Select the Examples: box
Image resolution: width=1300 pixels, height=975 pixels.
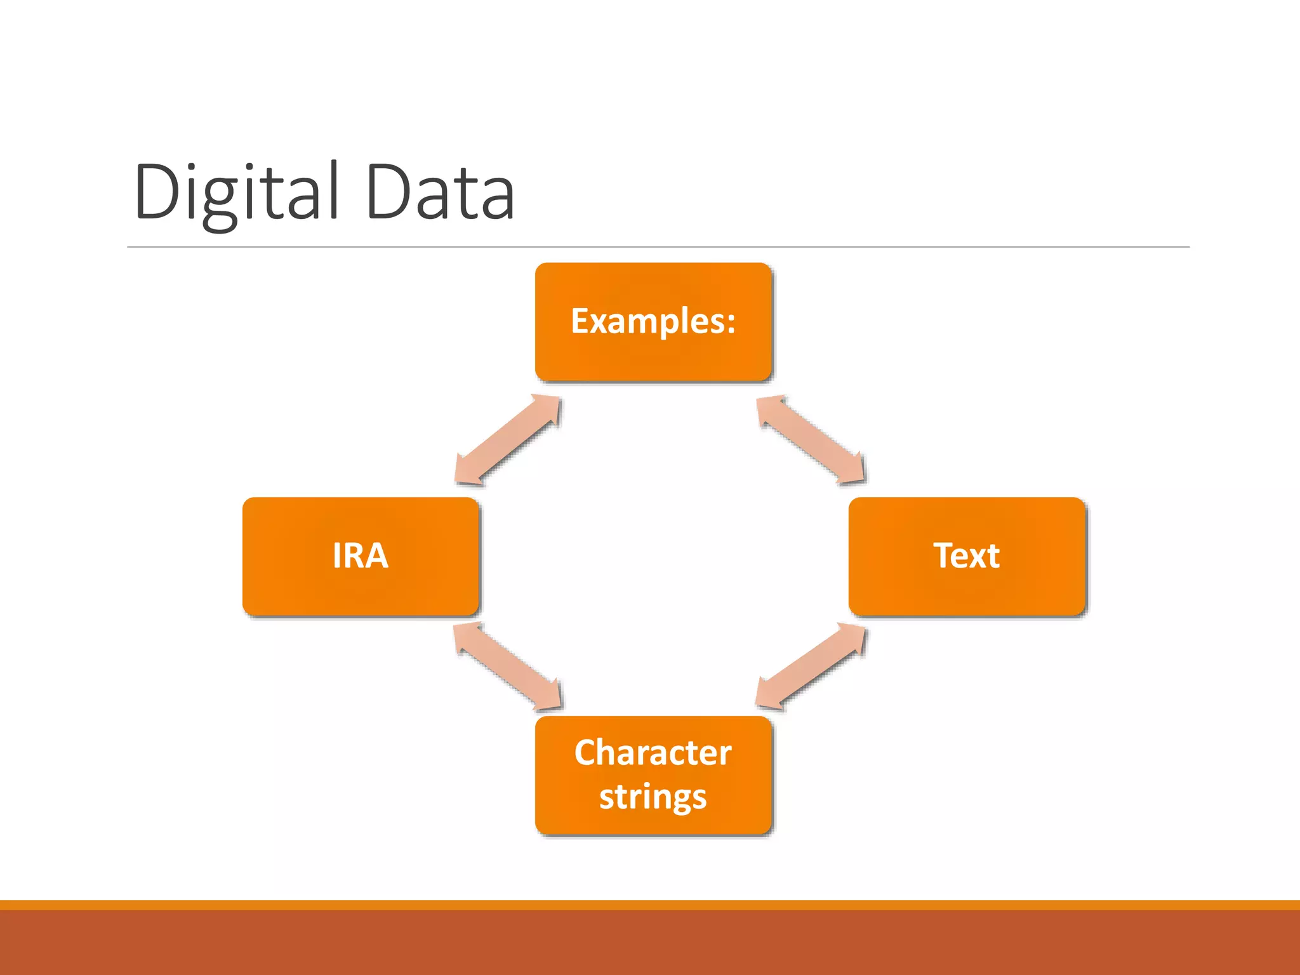pyautogui.click(x=653, y=322)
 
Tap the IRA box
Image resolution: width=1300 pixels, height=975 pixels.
pyautogui.click(x=361, y=556)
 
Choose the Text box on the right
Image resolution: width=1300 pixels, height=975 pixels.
pyautogui.click(x=966, y=556)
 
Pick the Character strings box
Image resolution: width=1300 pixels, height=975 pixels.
pyautogui.click(x=653, y=775)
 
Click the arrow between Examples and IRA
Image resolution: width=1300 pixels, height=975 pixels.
pyautogui.click(x=508, y=440)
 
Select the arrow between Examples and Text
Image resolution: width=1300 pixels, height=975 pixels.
pyautogui.click(x=811, y=440)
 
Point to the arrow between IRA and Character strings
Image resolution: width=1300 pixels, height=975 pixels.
pyautogui.click(x=508, y=667)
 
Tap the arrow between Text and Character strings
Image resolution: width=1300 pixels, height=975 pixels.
pyautogui.click(x=811, y=667)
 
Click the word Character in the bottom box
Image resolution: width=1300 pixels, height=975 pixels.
pyautogui.click(x=653, y=753)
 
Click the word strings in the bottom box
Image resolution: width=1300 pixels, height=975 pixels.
pyautogui.click(x=653, y=797)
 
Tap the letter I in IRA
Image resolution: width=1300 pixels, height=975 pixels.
pyautogui.click(x=337, y=556)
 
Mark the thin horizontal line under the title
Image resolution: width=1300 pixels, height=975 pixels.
pyautogui.click(x=658, y=247)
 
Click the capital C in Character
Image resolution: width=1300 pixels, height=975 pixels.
pyautogui.click(x=587, y=753)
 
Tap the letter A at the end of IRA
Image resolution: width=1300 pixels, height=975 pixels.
pyautogui.click(x=376, y=556)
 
